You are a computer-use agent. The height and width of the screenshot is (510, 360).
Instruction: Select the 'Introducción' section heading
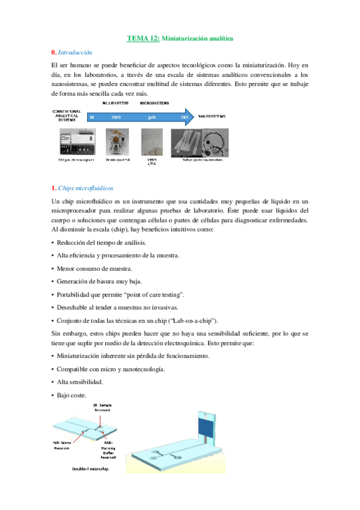[x=79, y=53]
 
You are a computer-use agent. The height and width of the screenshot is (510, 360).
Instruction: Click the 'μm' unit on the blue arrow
[x=152, y=117]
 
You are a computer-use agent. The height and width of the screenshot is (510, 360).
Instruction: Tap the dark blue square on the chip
[x=207, y=432]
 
